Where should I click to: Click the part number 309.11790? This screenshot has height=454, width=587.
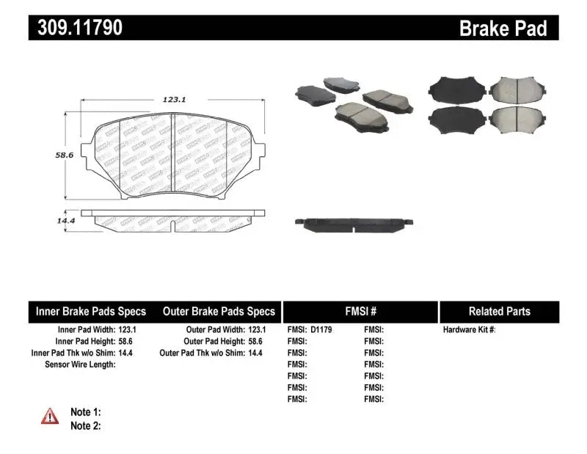pos(76,28)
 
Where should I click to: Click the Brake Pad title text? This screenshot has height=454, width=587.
pos(503,28)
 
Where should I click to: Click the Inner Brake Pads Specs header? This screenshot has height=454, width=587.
pos(91,311)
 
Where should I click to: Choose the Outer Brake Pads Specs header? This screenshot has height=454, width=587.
pos(219,311)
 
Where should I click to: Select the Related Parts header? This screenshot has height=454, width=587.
pos(500,311)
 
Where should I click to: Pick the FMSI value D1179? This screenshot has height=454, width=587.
pos(321,330)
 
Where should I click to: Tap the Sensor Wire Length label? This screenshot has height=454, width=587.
pos(80,364)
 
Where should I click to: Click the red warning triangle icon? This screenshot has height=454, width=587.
pos(50,416)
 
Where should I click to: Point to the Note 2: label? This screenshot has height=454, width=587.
pos(85,425)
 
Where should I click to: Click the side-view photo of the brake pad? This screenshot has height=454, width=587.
pos(353,223)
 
